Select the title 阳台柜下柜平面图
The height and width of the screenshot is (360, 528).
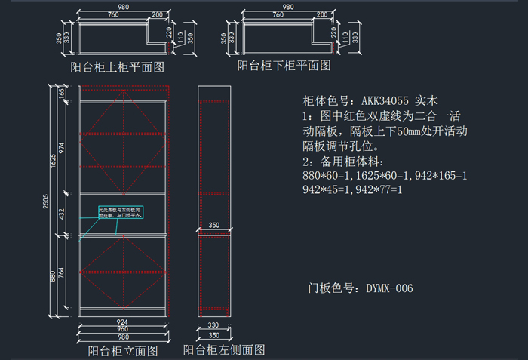(284, 66)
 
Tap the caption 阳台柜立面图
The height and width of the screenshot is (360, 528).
(123, 350)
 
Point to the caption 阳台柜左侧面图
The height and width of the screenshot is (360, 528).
(224, 350)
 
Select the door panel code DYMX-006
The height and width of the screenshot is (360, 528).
(389, 288)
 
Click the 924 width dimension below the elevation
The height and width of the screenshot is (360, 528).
(122, 322)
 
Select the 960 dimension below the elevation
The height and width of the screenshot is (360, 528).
(122, 329)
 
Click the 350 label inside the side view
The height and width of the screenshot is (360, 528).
(213, 226)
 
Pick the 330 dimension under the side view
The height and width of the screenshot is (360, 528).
(213, 325)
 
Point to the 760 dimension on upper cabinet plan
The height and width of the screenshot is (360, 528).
(112, 15)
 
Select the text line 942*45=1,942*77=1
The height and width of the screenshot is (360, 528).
(352, 189)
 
